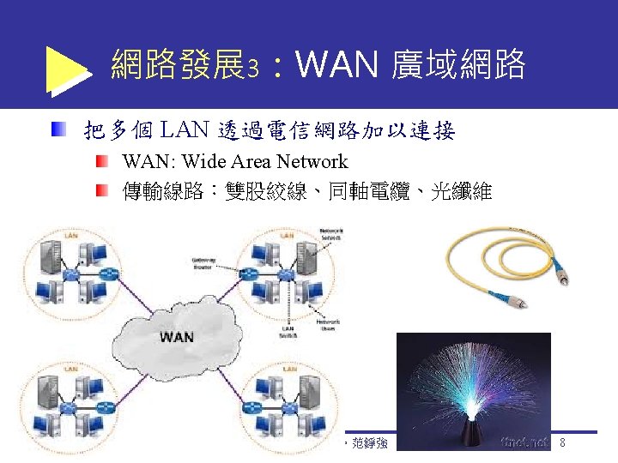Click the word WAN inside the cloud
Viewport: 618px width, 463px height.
point(176,336)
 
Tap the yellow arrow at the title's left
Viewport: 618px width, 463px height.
point(67,69)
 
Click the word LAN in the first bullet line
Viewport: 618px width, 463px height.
point(184,130)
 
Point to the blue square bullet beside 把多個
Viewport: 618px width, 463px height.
point(57,130)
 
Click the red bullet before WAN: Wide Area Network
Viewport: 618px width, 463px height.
point(102,161)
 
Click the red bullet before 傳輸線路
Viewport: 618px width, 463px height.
point(102,190)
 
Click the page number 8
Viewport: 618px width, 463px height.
point(562,443)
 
